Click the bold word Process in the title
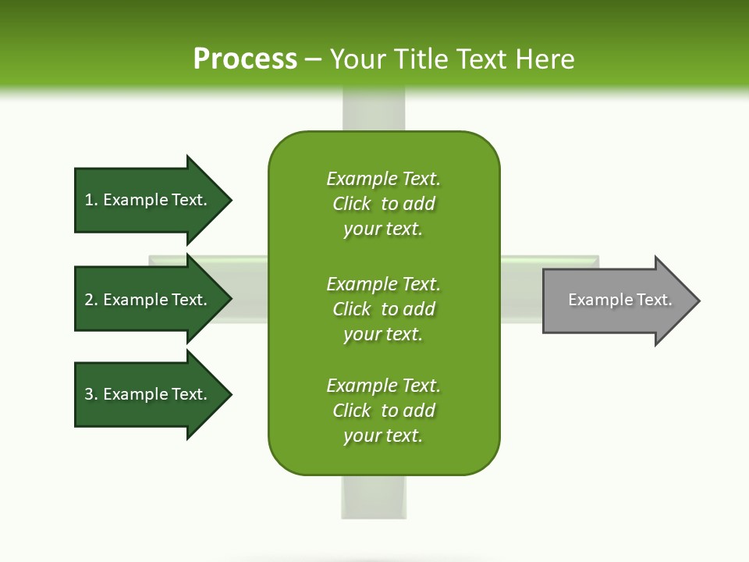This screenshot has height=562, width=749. coord(245,59)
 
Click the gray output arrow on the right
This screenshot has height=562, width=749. coord(616,301)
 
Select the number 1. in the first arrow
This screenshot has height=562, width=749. coord(91,200)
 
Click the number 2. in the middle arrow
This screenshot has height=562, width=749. coord(91,300)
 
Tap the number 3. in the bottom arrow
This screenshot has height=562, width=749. coord(91,394)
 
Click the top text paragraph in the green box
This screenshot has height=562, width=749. coord(383,204)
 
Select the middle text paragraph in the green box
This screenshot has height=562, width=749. coord(383,309)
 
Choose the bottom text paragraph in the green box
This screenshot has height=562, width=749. coord(383,411)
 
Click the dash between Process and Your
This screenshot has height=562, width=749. coord(313,59)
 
